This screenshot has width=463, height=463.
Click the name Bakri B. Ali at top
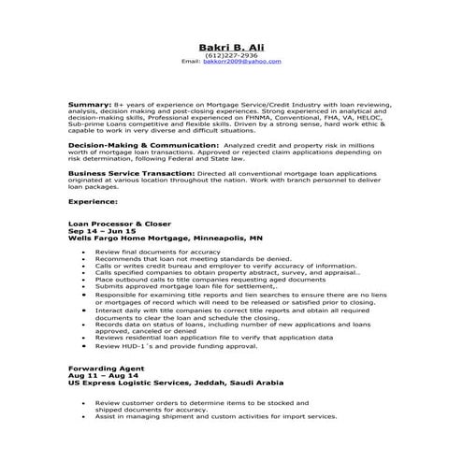230,48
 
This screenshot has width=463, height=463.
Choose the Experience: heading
94,201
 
